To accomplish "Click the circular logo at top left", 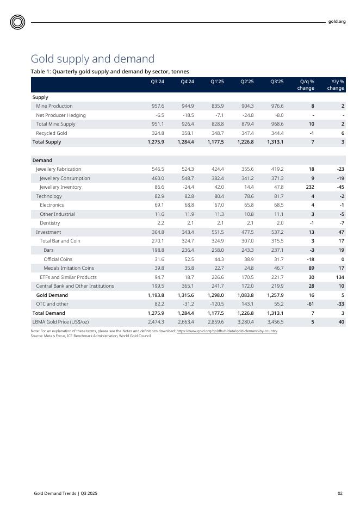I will pyautogui.click(x=17, y=22).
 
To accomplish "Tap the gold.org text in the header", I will pyautogui.click(x=337, y=22).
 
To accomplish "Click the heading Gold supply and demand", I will pyautogui.click(x=92, y=59).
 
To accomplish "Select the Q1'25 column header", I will pyautogui.click(x=217, y=82).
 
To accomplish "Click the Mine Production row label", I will pyautogui.click(x=54, y=106).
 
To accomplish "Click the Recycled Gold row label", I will pyautogui.click(x=52, y=133).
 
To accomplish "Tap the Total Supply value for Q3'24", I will pyautogui.click(x=156, y=142).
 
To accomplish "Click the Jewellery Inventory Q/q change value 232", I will pyautogui.click(x=310, y=187).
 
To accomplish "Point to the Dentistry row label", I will pyautogui.click(x=51, y=223).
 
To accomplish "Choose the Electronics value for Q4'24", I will pyautogui.click(x=187, y=205).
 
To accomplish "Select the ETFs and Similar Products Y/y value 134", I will pyautogui.click(x=340, y=277).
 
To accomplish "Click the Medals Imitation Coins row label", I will pyautogui.click(x=69, y=268).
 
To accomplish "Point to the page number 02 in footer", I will pyautogui.click(x=340, y=493).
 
